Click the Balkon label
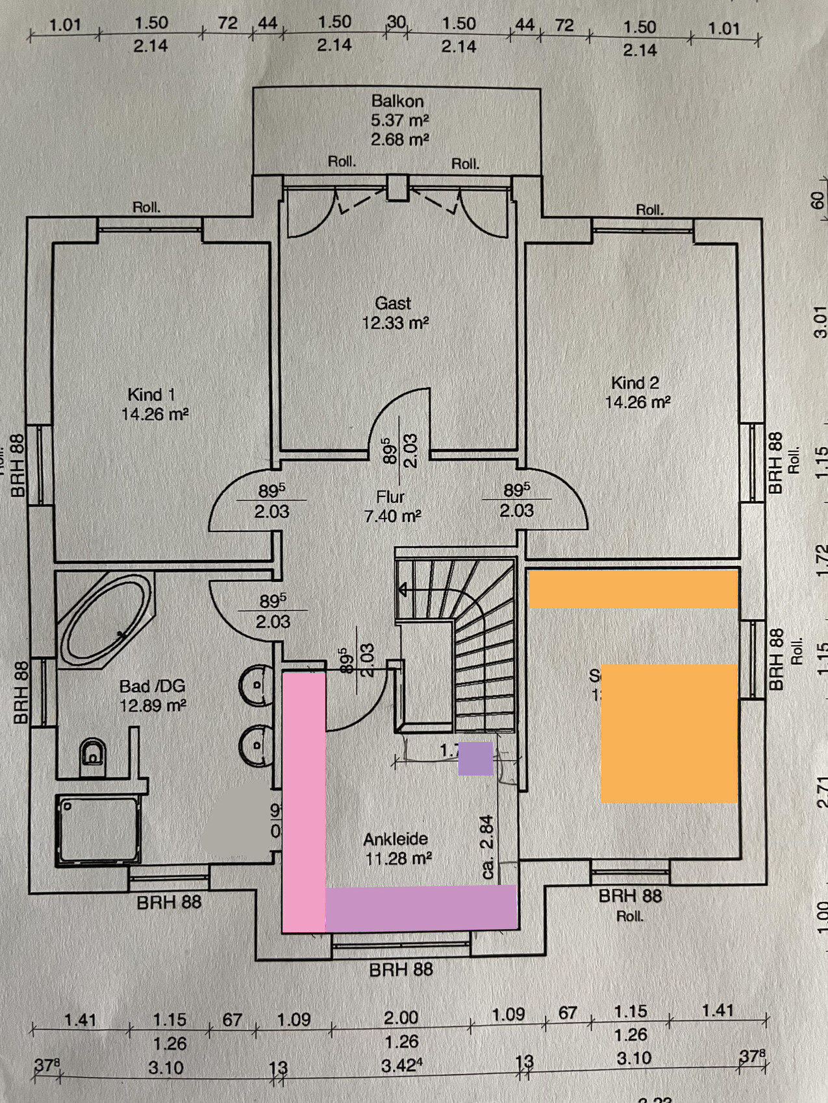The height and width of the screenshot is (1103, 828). click(x=397, y=101)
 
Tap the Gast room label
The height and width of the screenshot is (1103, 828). click(x=393, y=303)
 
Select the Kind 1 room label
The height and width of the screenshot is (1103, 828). click(x=151, y=394)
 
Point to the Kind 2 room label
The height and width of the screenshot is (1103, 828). click(x=634, y=383)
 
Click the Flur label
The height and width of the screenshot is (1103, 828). click(x=390, y=497)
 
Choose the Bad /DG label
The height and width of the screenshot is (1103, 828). click(x=152, y=686)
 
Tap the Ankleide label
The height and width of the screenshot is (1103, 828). click(x=395, y=839)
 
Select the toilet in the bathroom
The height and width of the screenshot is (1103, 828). click(x=93, y=755)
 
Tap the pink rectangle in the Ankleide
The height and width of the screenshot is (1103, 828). click(x=303, y=801)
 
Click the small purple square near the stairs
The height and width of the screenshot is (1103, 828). click(x=475, y=758)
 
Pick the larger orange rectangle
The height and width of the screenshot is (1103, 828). click(x=669, y=733)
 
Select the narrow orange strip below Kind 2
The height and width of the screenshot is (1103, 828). click(x=633, y=589)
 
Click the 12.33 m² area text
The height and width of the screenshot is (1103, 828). click(x=395, y=322)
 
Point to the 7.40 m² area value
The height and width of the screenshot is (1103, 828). click(x=392, y=516)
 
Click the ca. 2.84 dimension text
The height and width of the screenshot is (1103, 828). click(x=488, y=847)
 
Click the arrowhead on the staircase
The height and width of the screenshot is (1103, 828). click(x=403, y=590)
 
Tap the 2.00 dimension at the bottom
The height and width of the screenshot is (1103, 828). click(x=401, y=1017)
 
